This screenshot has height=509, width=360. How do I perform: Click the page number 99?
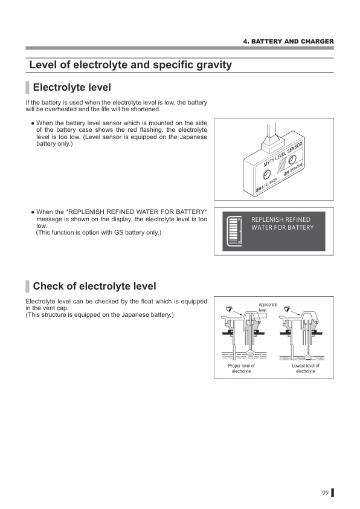[x=325, y=493]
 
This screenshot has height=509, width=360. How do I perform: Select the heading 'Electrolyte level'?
[x=71, y=88]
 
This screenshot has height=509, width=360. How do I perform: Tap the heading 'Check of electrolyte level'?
[x=94, y=286]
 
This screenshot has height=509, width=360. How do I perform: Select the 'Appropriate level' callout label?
[x=268, y=307]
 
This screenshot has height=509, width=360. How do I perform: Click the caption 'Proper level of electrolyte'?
[x=241, y=368]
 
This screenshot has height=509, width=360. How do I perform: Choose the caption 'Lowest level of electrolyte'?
[x=305, y=368]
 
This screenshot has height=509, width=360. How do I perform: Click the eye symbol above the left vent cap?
[x=228, y=309]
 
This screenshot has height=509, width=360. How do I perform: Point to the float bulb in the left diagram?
[x=249, y=354]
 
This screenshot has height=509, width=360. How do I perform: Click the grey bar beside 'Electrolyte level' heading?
[x=27, y=88]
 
